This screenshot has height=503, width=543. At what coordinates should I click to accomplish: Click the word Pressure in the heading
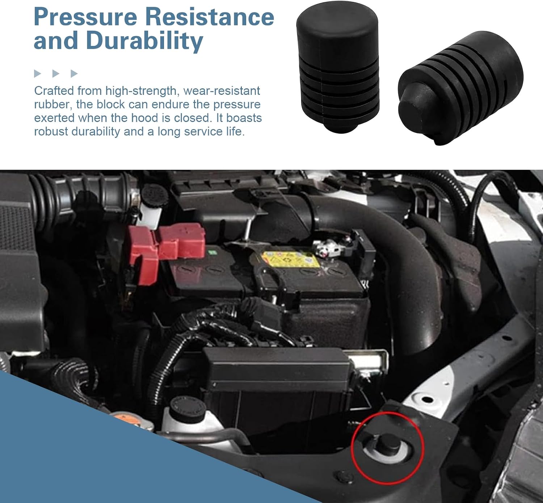85,17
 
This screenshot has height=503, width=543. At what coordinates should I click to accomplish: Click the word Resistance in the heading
210,17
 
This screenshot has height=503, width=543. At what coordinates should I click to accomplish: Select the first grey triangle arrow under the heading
37,73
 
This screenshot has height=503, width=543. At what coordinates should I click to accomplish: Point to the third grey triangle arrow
74,73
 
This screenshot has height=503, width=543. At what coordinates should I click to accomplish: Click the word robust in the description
51,132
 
